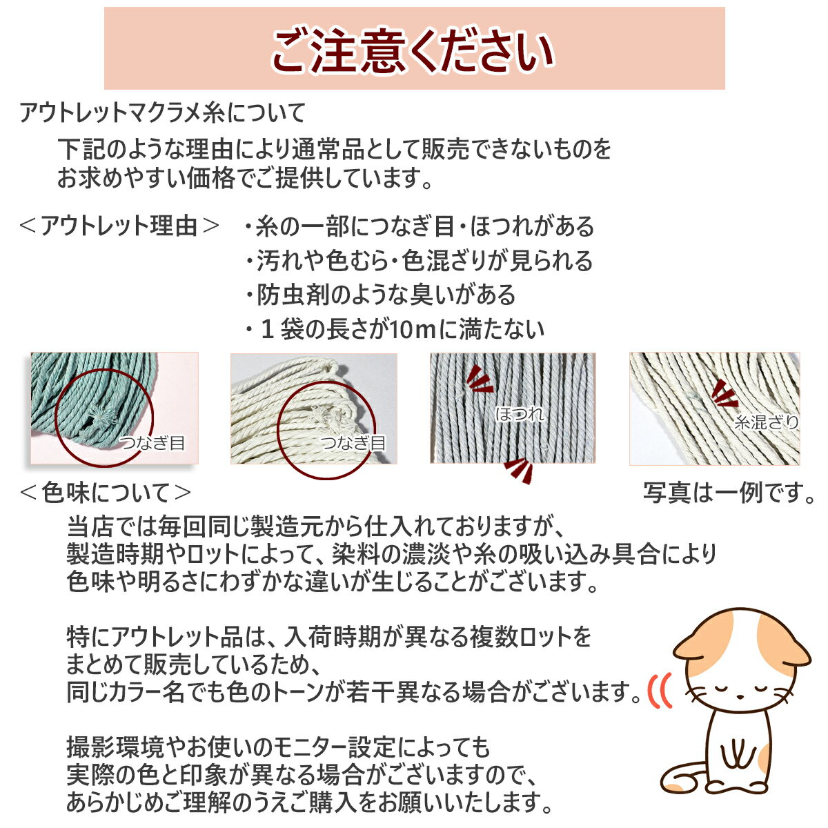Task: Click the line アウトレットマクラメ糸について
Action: click(x=163, y=112)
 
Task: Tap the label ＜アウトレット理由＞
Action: click(x=119, y=226)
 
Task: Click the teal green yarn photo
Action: click(x=115, y=408)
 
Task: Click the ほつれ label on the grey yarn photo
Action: click(x=520, y=414)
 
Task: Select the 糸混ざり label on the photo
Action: click(x=766, y=422)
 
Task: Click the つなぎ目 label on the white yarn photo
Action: click(x=353, y=442)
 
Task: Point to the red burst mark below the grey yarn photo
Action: click(x=519, y=470)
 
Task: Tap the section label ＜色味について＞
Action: click(x=106, y=493)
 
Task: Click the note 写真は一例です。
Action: click(x=729, y=493)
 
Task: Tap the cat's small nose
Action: click(x=740, y=696)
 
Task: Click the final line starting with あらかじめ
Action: click(x=309, y=802)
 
